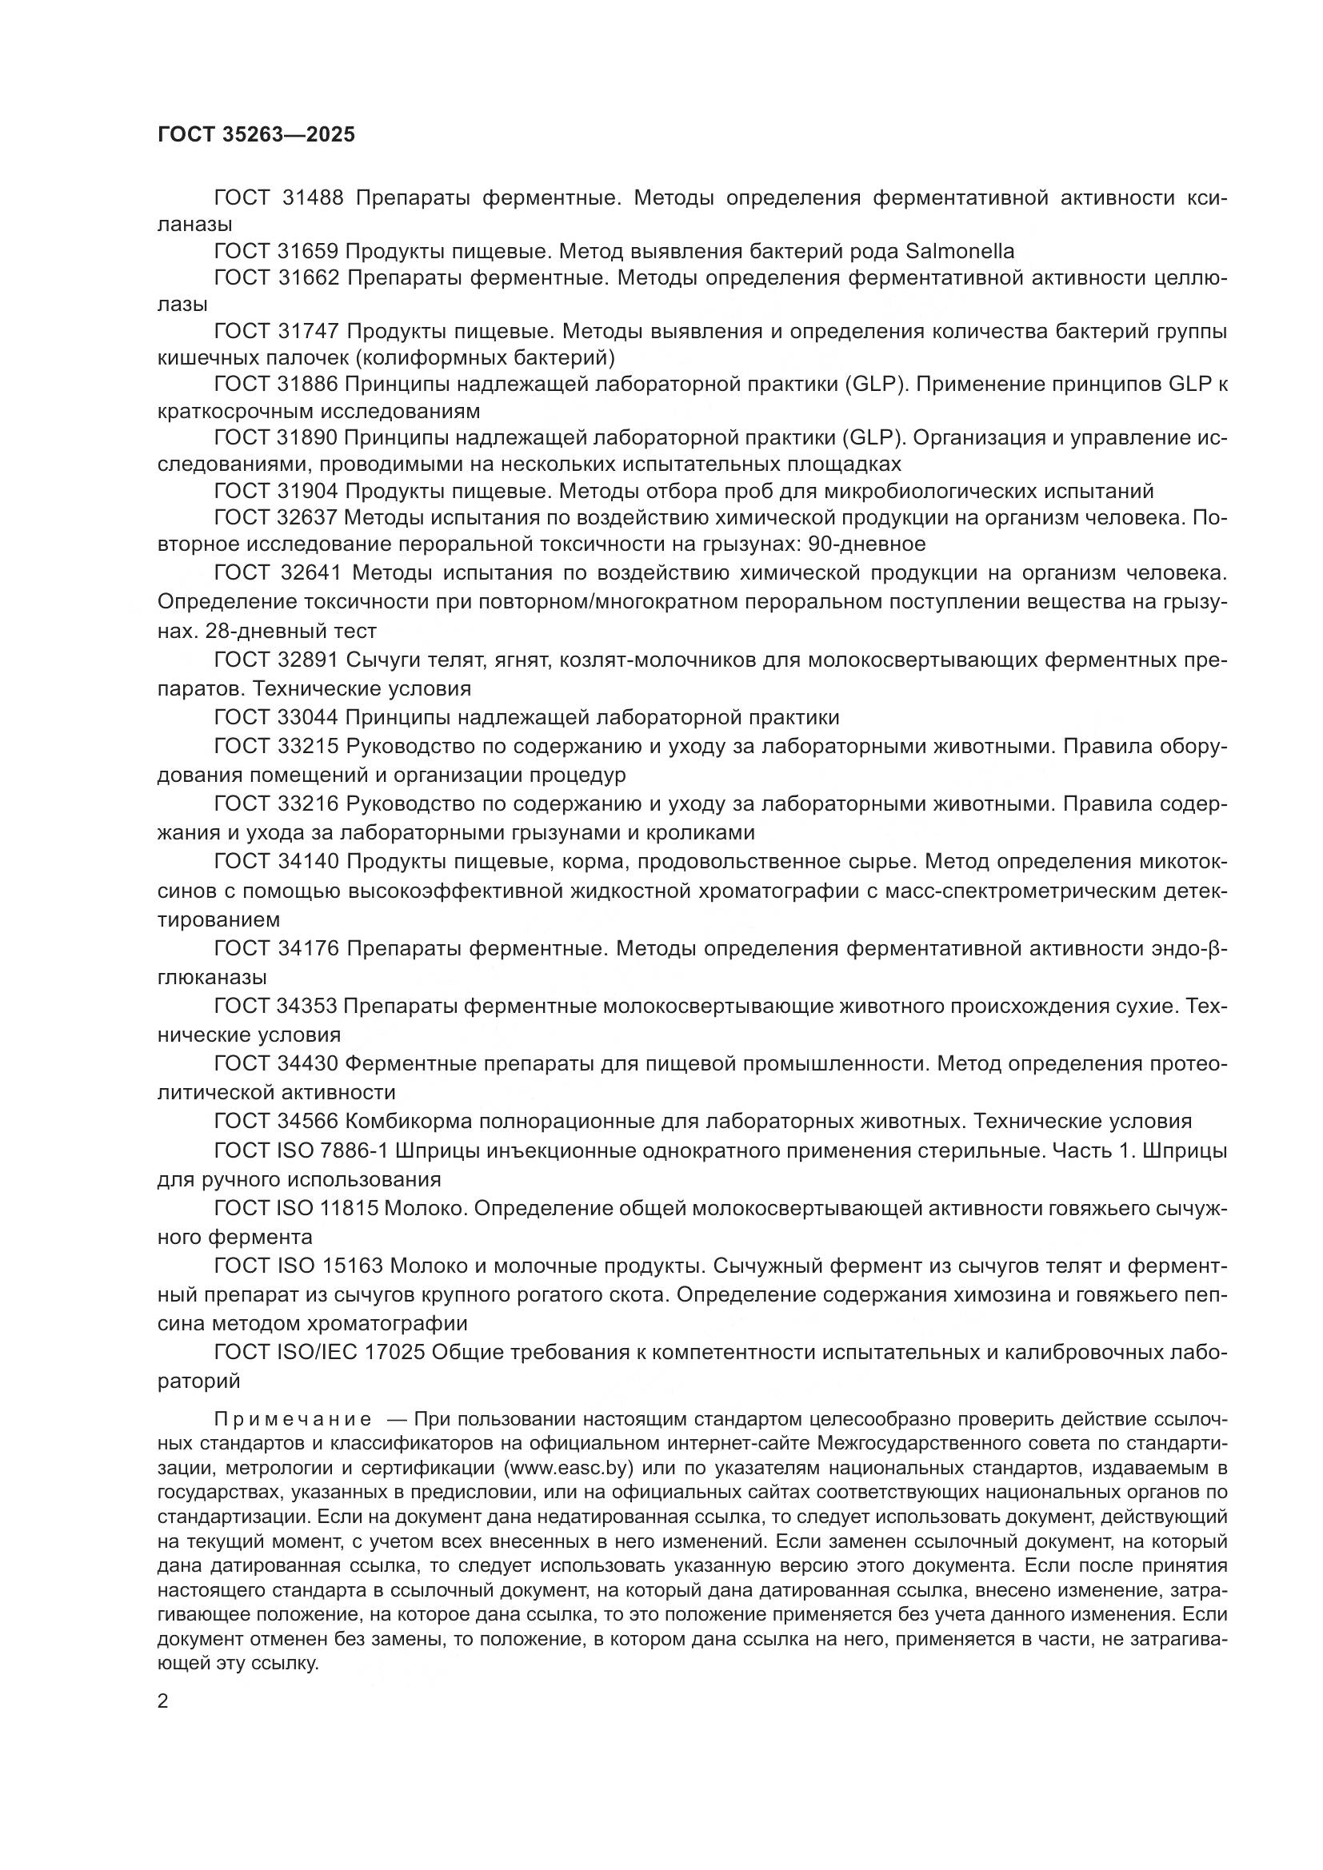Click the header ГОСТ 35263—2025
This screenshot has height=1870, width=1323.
[x=256, y=135]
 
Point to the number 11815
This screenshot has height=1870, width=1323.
[x=350, y=1208]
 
